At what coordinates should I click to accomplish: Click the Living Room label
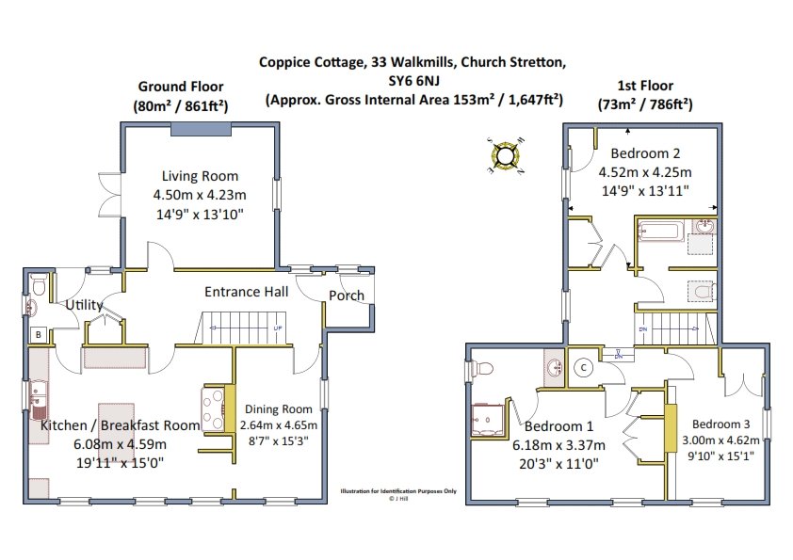tap(200, 176)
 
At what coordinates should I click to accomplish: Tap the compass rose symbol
tap(505, 155)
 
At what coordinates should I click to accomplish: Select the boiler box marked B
tap(39, 334)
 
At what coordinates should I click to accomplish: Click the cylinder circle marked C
tap(584, 367)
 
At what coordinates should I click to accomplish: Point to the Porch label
tap(347, 296)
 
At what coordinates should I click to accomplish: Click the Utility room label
tap(84, 305)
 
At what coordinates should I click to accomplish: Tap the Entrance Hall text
tap(247, 292)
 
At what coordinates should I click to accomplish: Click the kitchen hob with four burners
tap(214, 408)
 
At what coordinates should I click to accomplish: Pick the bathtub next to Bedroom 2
tap(661, 231)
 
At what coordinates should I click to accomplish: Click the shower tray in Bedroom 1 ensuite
tap(489, 420)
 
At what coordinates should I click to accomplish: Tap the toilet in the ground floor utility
tap(39, 285)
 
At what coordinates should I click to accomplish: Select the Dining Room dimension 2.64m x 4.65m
tap(279, 425)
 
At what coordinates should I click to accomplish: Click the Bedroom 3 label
tap(720, 424)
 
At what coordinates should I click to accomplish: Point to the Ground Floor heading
tap(181, 87)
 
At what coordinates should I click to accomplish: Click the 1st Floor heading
tap(645, 86)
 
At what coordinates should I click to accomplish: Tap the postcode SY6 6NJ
tap(413, 81)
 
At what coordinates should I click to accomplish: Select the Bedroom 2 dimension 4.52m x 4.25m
tap(645, 172)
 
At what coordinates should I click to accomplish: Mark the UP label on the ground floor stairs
tap(278, 328)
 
